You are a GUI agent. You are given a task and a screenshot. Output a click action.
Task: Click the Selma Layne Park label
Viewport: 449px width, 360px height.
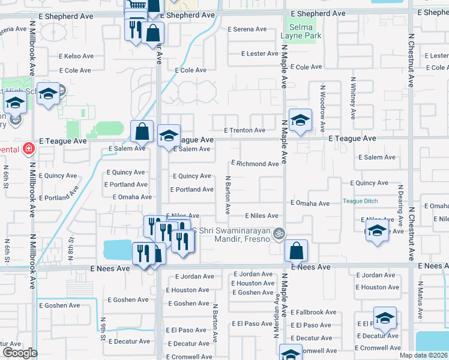(x=301, y=31)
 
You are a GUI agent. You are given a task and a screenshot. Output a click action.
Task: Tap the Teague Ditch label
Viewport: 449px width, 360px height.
(x=360, y=201)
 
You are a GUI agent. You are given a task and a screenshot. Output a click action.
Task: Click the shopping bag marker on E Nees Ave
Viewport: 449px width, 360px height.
(x=296, y=250)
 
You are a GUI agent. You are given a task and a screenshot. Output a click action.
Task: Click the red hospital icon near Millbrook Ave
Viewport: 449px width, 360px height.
(x=28, y=148)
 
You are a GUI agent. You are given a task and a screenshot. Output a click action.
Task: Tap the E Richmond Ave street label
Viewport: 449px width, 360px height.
(x=255, y=163)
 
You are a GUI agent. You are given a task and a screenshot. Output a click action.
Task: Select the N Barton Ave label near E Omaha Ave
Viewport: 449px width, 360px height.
(x=228, y=195)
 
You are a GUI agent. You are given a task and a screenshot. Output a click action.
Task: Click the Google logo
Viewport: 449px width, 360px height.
(x=20, y=353)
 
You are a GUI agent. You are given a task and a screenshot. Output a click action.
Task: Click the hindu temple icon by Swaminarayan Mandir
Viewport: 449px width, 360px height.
(x=278, y=233)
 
